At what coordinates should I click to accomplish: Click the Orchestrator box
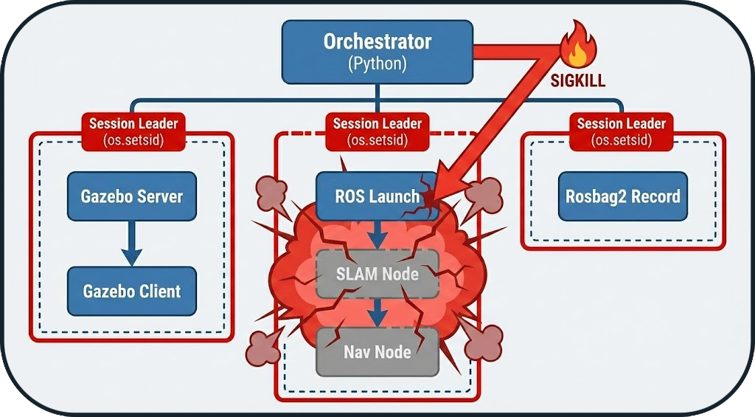click(x=377, y=52)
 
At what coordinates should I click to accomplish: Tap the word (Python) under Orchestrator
click(x=377, y=64)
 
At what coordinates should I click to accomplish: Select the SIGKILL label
click(x=578, y=80)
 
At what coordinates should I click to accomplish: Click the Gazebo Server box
click(x=131, y=197)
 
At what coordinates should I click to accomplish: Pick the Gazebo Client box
click(x=131, y=291)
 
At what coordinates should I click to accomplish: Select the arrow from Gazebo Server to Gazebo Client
click(x=131, y=244)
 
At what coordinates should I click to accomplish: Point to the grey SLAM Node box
click(x=377, y=274)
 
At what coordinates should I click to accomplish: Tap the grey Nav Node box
click(x=377, y=352)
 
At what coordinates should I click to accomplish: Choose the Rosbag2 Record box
click(x=622, y=197)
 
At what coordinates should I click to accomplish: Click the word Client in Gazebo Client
click(x=161, y=291)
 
